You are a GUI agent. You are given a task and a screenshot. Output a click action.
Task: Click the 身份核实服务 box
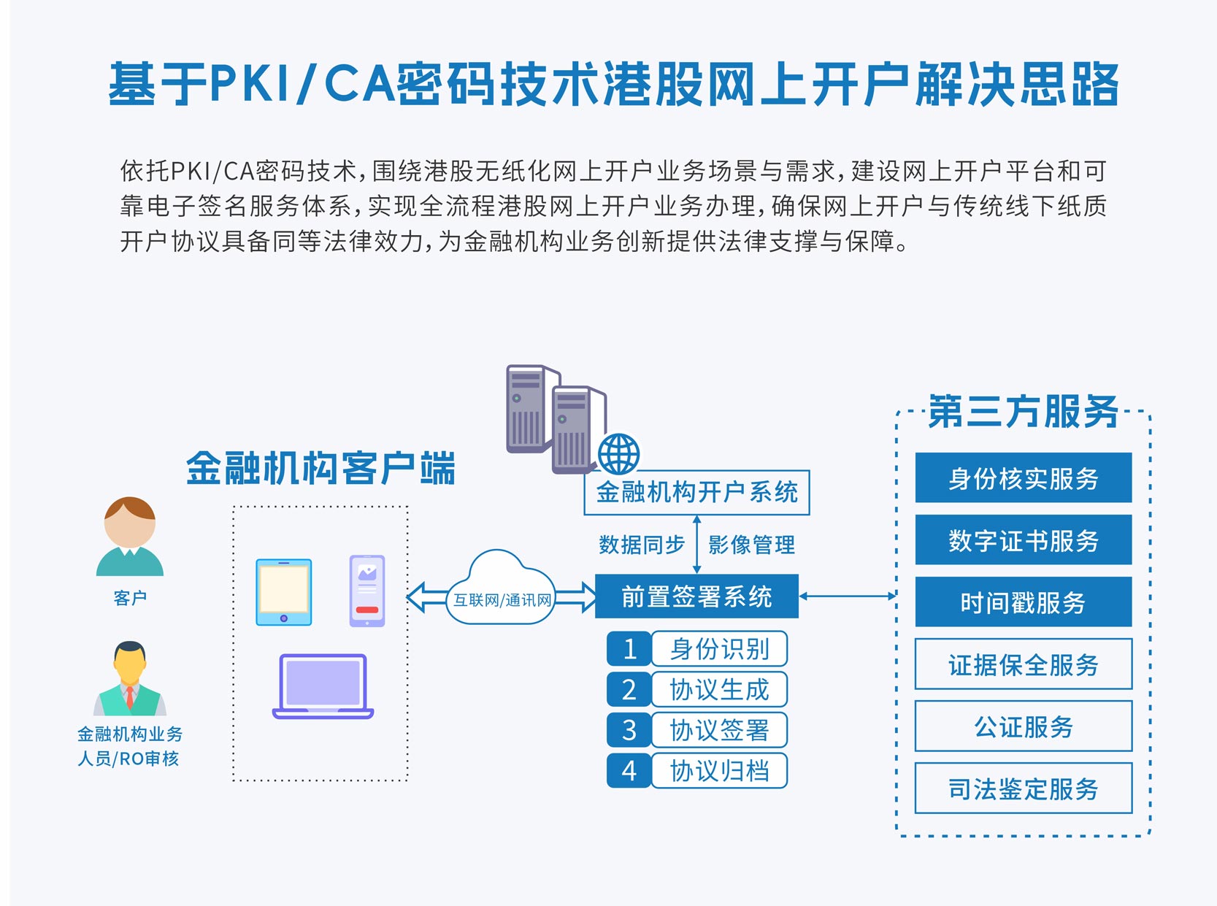tap(1023, 478)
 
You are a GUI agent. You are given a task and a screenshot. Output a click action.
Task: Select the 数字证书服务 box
tap(1023, 540)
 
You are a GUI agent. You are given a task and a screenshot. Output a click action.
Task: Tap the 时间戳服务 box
tap(1023, 602)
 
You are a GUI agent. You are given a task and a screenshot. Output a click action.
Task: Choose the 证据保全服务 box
tap(1023, 664)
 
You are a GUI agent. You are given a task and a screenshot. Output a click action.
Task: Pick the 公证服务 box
tap(1023, 726)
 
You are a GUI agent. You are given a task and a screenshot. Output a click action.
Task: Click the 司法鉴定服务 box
tap(1023, 788)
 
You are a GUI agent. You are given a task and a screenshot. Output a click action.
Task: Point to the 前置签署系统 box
tap(696, 596)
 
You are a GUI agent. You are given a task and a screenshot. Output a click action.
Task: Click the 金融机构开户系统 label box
tap(696, 493)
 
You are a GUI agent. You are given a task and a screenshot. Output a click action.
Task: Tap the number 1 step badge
tap(629, 648)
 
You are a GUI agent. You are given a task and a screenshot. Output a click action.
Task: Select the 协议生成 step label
tap(719, 689)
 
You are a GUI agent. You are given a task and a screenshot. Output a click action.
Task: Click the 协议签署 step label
tap(719, 730)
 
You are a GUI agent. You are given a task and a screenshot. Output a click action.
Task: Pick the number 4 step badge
tap(629, 771)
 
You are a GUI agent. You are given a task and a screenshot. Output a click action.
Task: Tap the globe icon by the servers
tap(618, 453)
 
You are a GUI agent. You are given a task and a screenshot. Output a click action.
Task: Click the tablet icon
tap(284, 592)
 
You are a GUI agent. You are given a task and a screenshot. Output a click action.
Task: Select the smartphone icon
tap(367, 591)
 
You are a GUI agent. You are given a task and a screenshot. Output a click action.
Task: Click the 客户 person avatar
tap(130, 537)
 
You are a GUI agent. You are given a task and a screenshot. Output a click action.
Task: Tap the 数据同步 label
tap(641, 545)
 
